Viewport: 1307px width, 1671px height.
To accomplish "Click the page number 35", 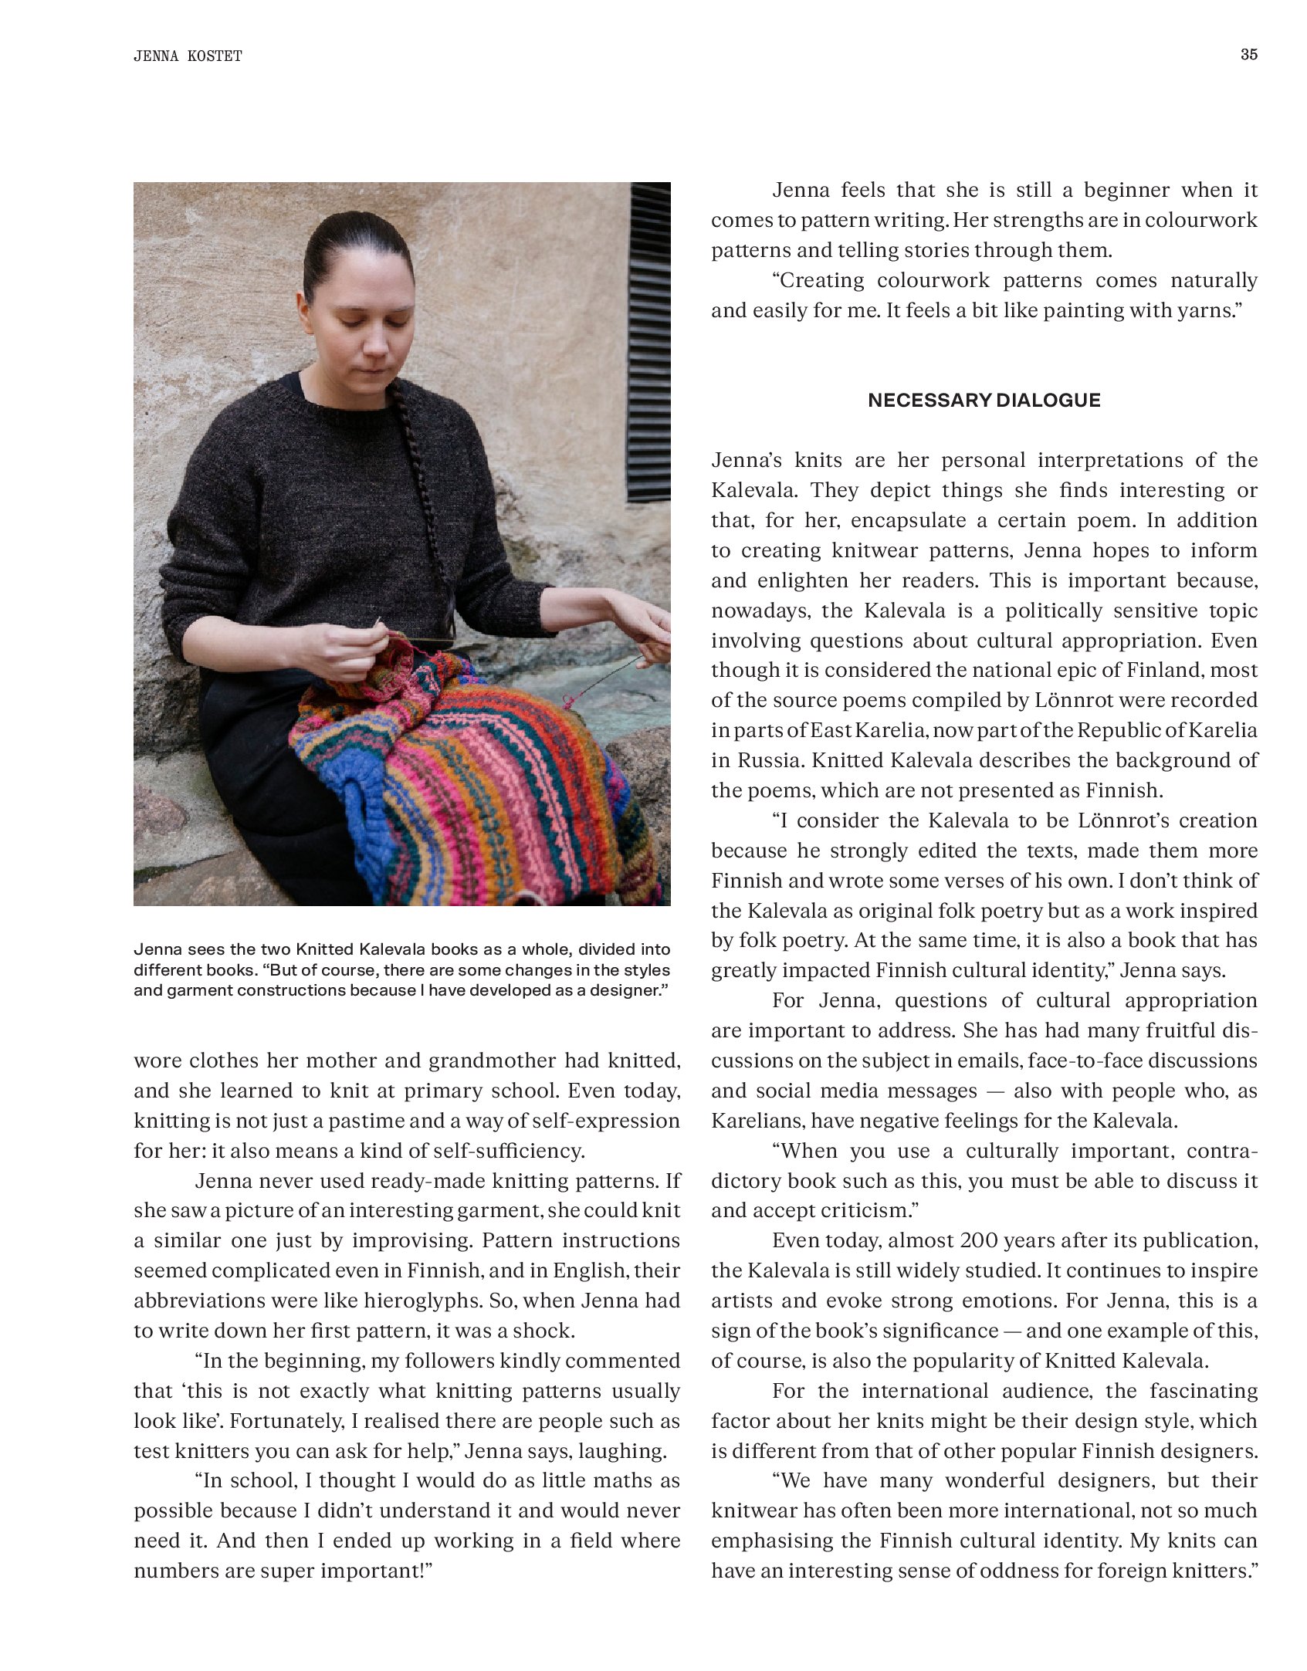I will [x=1248, y=55].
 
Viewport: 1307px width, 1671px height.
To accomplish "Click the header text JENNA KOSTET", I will [x=188, y=56].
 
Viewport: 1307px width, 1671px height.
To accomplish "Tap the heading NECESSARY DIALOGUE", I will [x=984, y=400].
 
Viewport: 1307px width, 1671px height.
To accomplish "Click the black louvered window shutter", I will [x=649, y=343].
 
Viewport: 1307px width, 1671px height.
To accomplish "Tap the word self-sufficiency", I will [x=506, y=1151].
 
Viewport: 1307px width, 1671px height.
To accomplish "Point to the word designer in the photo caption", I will [x=625, y=990].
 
